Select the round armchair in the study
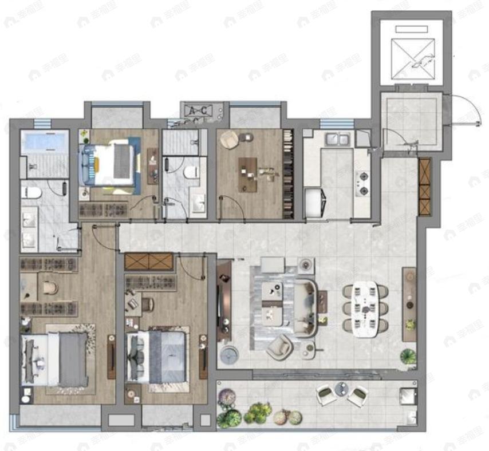click(230, 139)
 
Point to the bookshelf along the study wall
click(288, 173)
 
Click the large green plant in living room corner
click(408, 355)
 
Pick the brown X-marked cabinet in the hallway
click(148, 262)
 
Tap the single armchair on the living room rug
click(280, 346)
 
